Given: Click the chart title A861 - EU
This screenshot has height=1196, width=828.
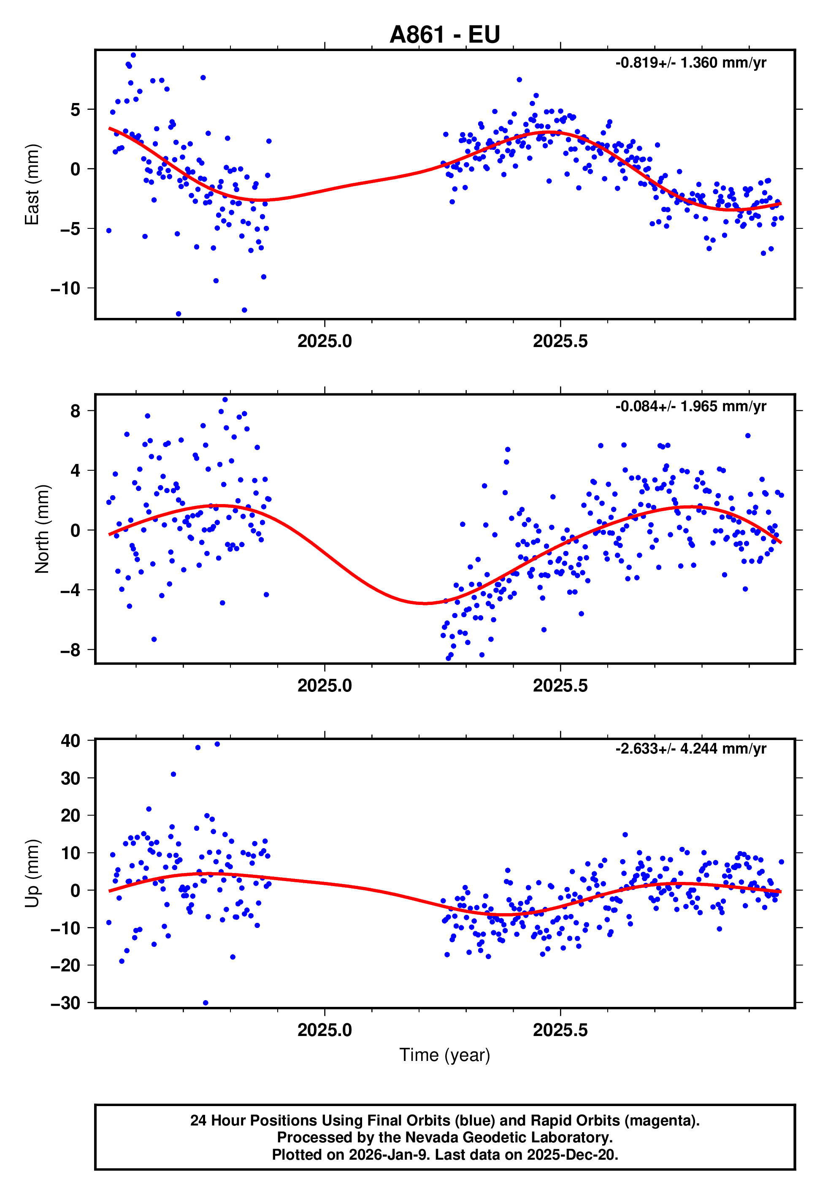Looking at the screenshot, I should pyautogui.click(x=445, y=35).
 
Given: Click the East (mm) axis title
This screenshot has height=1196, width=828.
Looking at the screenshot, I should pyautogui.click(x=32, y=184).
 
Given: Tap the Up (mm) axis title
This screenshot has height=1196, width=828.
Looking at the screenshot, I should pyautogui.click(x=32, y=873).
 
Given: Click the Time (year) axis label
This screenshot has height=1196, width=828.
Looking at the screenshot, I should pyautogui.click(x=445, y=1055).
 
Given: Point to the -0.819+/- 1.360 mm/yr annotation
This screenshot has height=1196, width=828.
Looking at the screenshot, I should pyautogui.click(x=690, y=63).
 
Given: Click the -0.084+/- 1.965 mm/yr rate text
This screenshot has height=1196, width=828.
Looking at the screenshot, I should pyautogui.click(x=690, y=406).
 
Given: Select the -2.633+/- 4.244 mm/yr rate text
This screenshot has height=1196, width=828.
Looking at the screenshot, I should pyautogui.click(x=690, y=749).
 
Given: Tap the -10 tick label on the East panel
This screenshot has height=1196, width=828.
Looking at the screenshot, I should pyautogui.click(x=65, y=288).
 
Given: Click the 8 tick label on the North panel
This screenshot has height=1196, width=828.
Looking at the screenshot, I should pyautogui.click(x=75, y=412).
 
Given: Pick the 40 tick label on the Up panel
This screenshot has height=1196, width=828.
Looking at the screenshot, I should pyautogui.click(x=70, y=741).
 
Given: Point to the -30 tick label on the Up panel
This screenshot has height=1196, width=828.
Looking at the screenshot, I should pyautogui.click(x=65, y=1003).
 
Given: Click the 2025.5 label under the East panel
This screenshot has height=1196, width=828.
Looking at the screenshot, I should pyautogui.click(x=560, y=342).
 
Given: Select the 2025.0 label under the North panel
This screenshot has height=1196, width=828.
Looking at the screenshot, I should pyautogui.click(x=325, y=686).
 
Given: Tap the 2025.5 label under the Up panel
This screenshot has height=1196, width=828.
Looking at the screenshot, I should pyautogui.click(x=560, y=1030).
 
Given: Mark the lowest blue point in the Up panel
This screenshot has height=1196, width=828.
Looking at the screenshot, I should pyautogui.click(x=206, y=1003).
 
